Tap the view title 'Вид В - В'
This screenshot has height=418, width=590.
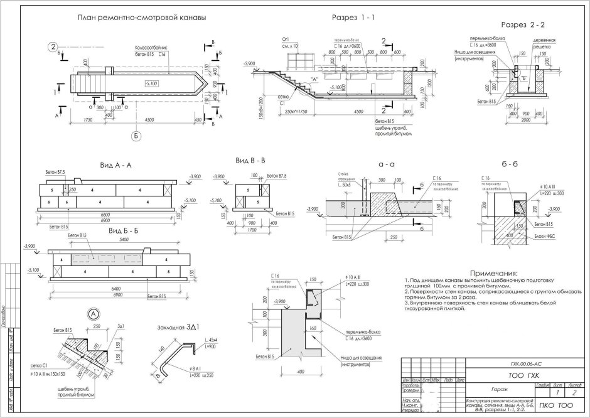click(x=250, y=161)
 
